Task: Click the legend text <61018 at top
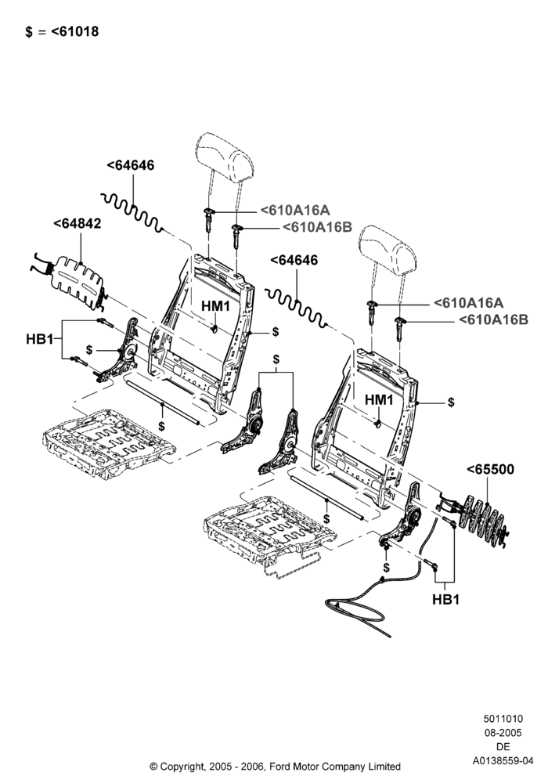(x=75, y=31)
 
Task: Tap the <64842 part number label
(x=78, y=223)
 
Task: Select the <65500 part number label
(x=490, y=469)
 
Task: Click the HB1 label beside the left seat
(x=39, y=339)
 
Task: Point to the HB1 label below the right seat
(x=445, y=599)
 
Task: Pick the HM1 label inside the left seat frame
(x=215, y=306)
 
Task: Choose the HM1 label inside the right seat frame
(x=380, y=400)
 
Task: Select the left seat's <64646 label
(x=131, y=165)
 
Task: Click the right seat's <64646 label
(x=294, y=260)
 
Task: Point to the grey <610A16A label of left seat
(x=295, y=210)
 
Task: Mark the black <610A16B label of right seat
(x=493, y=319)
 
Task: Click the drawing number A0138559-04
(x=503, y=760)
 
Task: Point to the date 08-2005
(x=503, y=733)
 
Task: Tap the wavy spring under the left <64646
(x=132, y=213)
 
